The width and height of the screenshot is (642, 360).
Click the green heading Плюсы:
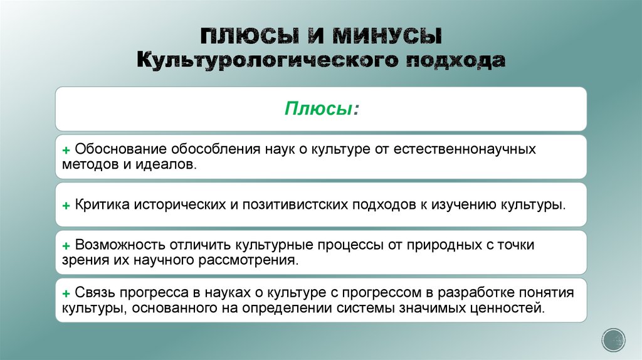(x=321, y=109)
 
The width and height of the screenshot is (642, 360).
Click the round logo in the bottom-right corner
(x=613, y=339)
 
